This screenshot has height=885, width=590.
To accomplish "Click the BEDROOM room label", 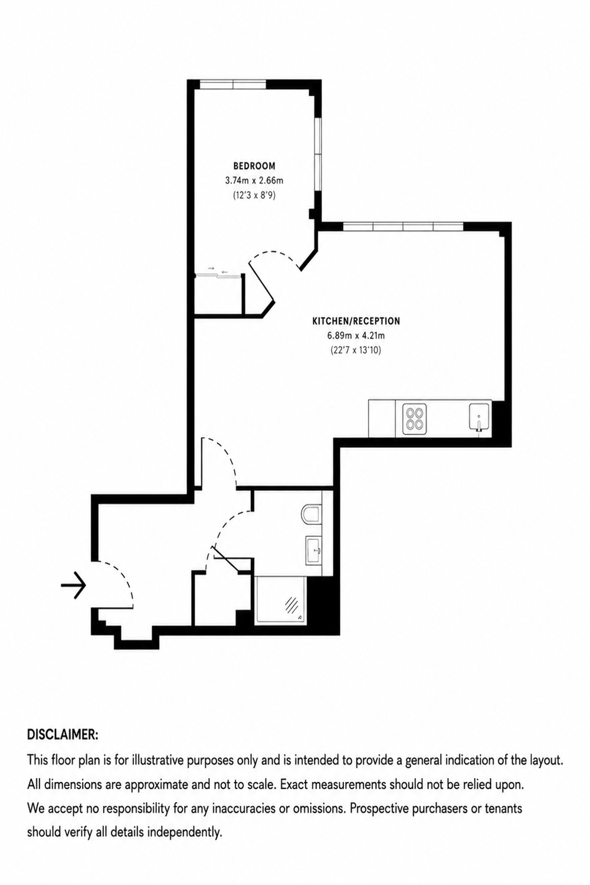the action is tap(254, 166).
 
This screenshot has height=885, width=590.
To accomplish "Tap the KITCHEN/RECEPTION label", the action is tap(356, 321).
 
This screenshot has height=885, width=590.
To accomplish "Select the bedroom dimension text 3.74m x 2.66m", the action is tap(254, 181).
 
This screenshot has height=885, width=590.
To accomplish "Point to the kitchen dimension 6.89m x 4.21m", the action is tap(356, 336).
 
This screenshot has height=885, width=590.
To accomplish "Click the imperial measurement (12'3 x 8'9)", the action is tap(254, 195).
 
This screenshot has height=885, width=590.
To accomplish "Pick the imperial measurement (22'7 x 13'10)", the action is tap(356, 350).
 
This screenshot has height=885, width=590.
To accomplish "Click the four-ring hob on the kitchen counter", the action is tap(414, 418).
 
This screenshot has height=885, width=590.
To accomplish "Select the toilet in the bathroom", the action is tap(312, 515).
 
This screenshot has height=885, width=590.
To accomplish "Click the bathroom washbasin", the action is tap(314, 549).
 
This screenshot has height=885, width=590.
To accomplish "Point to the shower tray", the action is tap(281, 601).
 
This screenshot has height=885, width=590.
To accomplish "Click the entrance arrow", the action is tap(74, 585).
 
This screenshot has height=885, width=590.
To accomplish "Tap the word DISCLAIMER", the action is tap(63, 735).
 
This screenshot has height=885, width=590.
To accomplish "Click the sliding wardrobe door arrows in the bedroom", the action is tap(218, 270).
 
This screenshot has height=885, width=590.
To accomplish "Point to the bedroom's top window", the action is tap(232, 84).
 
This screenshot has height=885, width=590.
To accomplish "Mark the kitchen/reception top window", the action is tap(403, 227).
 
